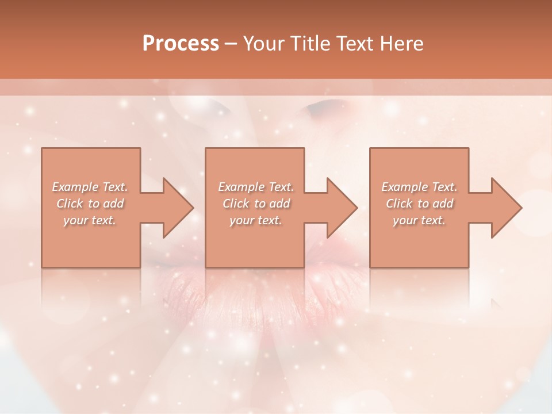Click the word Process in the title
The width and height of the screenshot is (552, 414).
[x=181, y=44]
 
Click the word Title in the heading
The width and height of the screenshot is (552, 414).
[x=310, y=44]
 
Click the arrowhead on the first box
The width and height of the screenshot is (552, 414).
[x=176, y=208]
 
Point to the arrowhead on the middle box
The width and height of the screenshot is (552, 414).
[x=340, y=208]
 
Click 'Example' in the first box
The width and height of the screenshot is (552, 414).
[x=75, y=187]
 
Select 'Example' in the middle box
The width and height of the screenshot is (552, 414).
[x=241, y=187]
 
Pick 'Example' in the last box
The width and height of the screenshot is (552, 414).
[x=404, y=187]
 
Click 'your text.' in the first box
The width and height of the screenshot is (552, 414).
[x=90, y=220]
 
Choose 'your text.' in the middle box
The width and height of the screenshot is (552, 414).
[x=255, y=220]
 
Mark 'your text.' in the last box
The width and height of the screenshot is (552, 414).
[x=419, y=220]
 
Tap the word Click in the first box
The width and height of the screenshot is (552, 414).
[x=70, y=204]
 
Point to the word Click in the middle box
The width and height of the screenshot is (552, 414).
[x=236, y=204]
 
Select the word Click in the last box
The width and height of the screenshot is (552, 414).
[x=399, y=204]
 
